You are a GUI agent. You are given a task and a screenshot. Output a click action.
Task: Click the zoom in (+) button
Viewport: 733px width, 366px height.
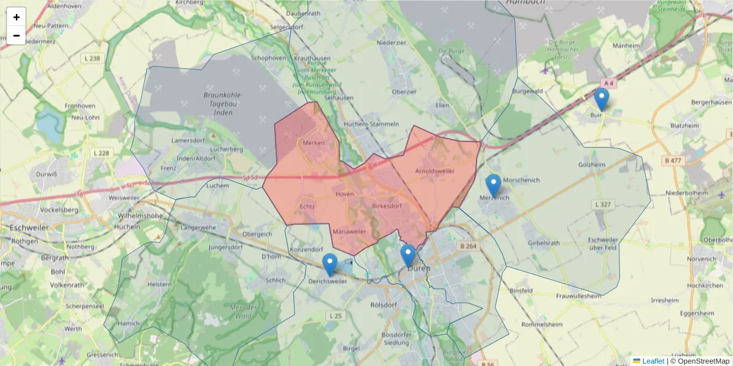pyautogui.click(x=16, y=17)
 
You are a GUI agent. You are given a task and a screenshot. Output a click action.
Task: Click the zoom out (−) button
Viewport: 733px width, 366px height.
pyautogui.click(x=16, y=35)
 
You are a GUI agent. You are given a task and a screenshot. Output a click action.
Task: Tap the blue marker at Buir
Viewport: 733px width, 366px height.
pyautogui.click(x=602, y=99)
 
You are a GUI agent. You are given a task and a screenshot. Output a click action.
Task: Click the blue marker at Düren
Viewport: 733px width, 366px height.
pyautogui.click(x=408, y=256)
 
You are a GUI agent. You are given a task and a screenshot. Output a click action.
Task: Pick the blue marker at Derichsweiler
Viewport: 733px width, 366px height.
pyautogui.click(x=330, y=265)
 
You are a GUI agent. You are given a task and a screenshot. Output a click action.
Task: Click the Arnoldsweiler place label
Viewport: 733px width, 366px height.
pyautogui.click(x=435, y=171)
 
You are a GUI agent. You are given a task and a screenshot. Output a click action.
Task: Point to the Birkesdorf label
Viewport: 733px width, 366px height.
pyautogui.click(x=386, y=206)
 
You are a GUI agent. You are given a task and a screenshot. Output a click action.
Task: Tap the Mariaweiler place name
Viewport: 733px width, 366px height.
pyautogui.click(x=349, y=232)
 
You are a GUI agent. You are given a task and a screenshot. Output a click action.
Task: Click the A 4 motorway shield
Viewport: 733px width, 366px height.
pyautogui.click(x=607, y=82)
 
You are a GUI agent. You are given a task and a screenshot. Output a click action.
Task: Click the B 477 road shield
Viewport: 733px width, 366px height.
pyautogui.click(x=672, y=160)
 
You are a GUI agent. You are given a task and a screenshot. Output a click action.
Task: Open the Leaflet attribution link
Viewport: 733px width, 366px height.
pyautogui.click(x=652, y=361)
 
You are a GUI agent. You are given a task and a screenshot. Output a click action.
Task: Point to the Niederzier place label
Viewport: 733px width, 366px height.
pyautogui.click(x=392, y=43)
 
